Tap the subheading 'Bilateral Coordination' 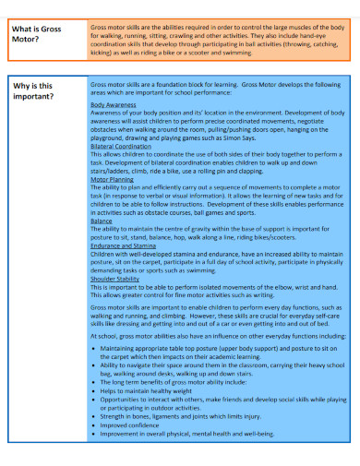[121, 147]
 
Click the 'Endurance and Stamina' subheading [123, 245]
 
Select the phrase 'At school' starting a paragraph [103, 337]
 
